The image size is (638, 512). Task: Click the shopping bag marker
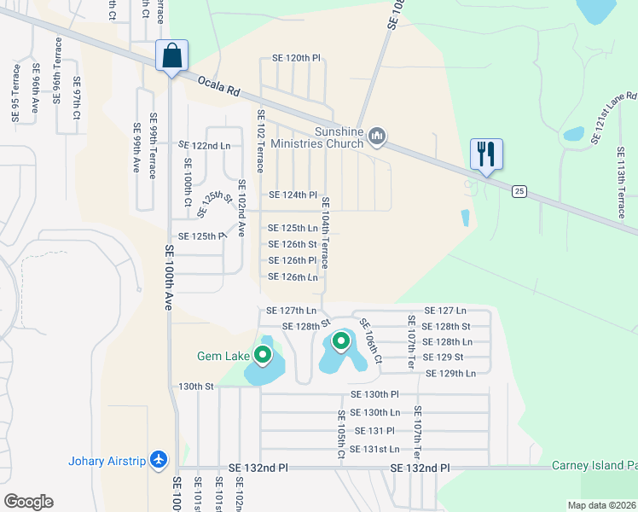(171, 56)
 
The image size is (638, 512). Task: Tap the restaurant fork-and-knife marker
(486, 154)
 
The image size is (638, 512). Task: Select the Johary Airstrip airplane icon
(158, 460)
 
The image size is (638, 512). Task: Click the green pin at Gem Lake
(263, 354)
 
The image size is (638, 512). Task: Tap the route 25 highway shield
(519, 191)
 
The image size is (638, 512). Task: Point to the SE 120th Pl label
(296, 58)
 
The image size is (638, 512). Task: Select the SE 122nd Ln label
(205, 146)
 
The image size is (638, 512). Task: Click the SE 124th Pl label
(293, 195)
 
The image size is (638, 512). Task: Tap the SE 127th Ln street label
(292, 311)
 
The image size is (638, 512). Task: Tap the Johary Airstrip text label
(106, 462)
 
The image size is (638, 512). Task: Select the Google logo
(29, 502)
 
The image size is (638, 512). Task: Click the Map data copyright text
(600, 505)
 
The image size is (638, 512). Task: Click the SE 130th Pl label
(375, 394)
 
